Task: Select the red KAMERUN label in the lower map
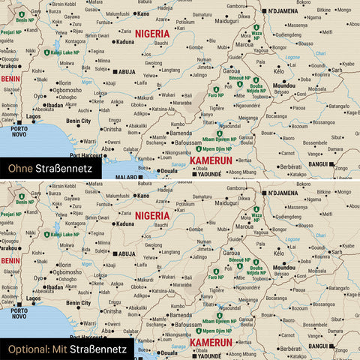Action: point(211,343)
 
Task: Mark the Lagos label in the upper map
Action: point(34,118)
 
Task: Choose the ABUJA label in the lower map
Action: point(126,254)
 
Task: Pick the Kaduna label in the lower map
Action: point(125,223)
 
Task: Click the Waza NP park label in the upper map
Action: point(257,32)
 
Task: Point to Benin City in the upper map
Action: point(79,121)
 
